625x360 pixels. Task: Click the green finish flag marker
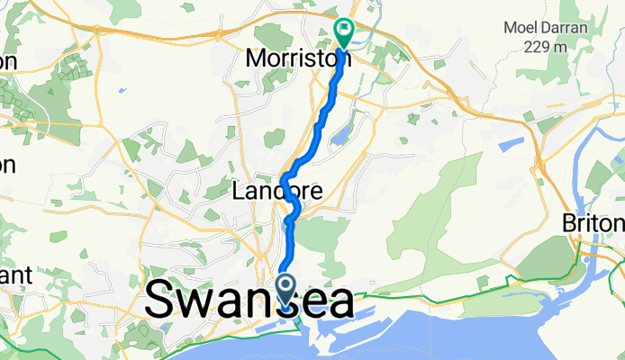(x=344, y=31)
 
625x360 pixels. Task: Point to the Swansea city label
(x=249, y=300)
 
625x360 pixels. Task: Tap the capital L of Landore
(x=237, y=191)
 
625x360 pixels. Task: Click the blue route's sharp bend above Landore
(x=286, y=174)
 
